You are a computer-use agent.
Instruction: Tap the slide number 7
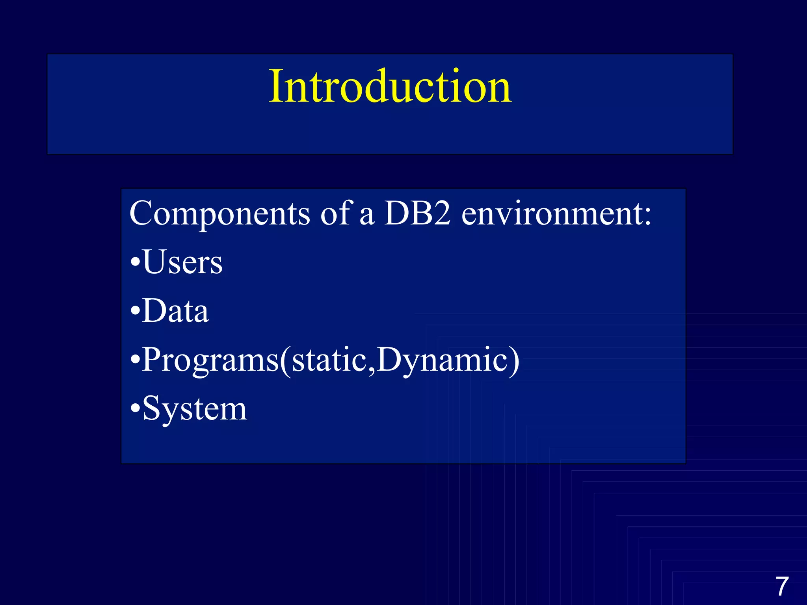(x=782, y=586)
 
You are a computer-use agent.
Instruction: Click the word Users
(x=182, y=262)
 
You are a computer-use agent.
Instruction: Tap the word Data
(x=175, y=311)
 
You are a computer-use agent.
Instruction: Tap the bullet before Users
(x=135, y=262)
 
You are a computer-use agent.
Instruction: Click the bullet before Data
(x=135, y=311)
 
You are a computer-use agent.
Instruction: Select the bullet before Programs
(x=135, y=360)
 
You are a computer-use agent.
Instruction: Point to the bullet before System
(x=135, y=409)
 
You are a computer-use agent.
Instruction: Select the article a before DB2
(x=366, y=217)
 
